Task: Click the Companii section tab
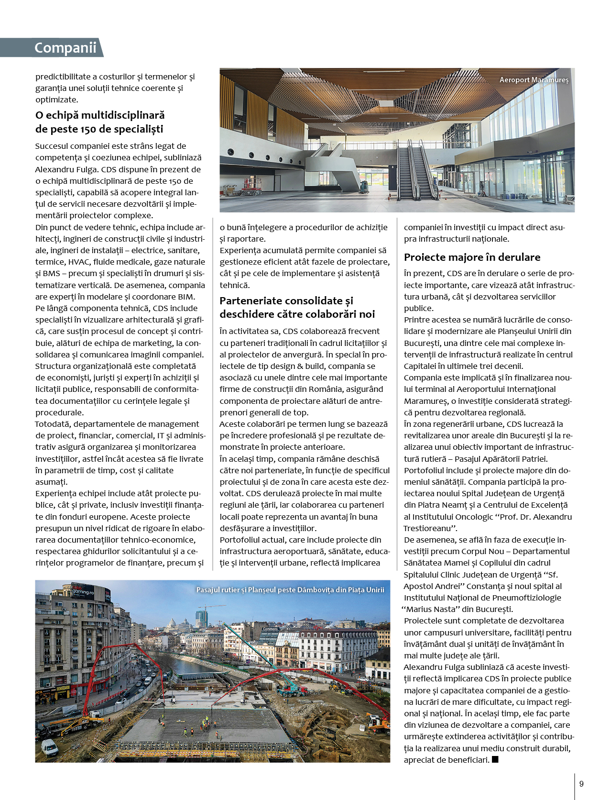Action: [65, 48]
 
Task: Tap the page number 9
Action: [581, 784]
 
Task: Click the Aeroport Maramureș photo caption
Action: [534, 80]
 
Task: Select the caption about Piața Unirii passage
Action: [290, 590]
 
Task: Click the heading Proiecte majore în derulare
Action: [472, 257]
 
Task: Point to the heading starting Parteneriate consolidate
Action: [286, 301]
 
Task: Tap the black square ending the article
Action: [495, 759]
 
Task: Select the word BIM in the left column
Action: [186, 297]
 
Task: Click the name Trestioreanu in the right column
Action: [427, 528]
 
